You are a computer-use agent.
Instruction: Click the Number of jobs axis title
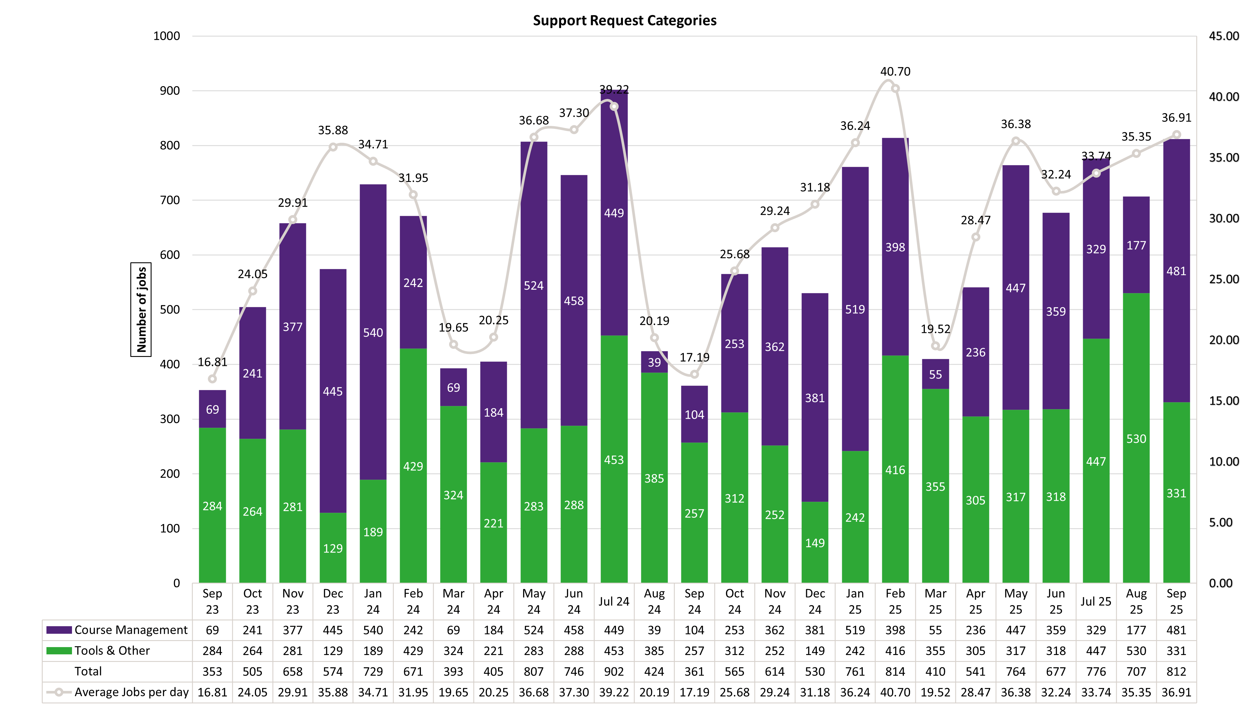point(141,309)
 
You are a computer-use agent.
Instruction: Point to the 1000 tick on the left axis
point(167,36)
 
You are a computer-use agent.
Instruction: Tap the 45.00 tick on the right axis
point(1224,36)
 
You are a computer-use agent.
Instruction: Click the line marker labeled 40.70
point(895,89)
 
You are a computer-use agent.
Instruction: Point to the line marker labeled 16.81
point(212,379)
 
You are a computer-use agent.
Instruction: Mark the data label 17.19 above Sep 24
point(694,358)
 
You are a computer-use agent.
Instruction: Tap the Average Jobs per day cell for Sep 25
point(1176,692)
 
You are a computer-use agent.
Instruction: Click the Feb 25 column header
point(895,601)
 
